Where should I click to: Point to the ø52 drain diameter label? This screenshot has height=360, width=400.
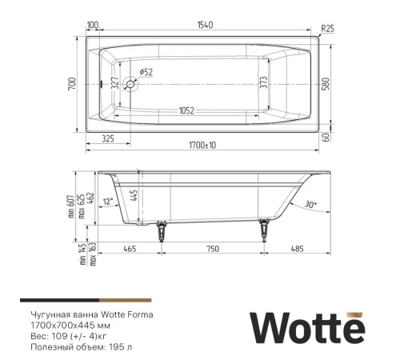click(x=146, y=73)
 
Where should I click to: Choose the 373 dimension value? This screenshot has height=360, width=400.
click(x=263, y=83)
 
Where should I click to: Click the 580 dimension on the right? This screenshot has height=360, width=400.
click(x=326, y=83)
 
